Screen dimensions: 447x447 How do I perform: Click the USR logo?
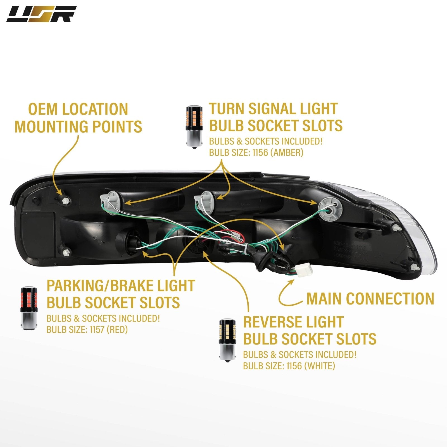click(x=41, y=14)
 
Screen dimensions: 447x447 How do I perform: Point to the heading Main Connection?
click(x=370, y=299)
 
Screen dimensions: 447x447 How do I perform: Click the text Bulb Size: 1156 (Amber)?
click(x=256, y=153)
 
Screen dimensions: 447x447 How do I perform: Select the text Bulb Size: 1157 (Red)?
click(x=87, y=330)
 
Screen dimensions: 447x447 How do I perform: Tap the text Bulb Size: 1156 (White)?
click(x=289, y=366)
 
